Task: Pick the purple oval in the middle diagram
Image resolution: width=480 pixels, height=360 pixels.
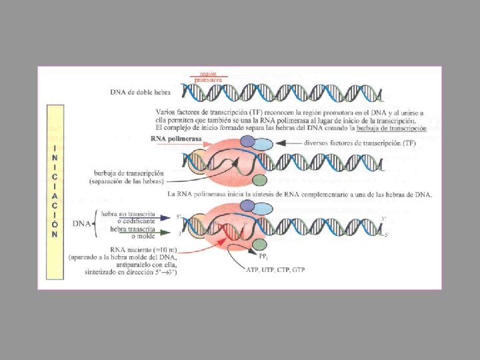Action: tap(247, 141)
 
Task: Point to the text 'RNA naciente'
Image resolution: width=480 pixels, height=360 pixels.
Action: tap(126, 249)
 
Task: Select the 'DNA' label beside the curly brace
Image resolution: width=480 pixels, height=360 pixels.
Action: tap(82, 223)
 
